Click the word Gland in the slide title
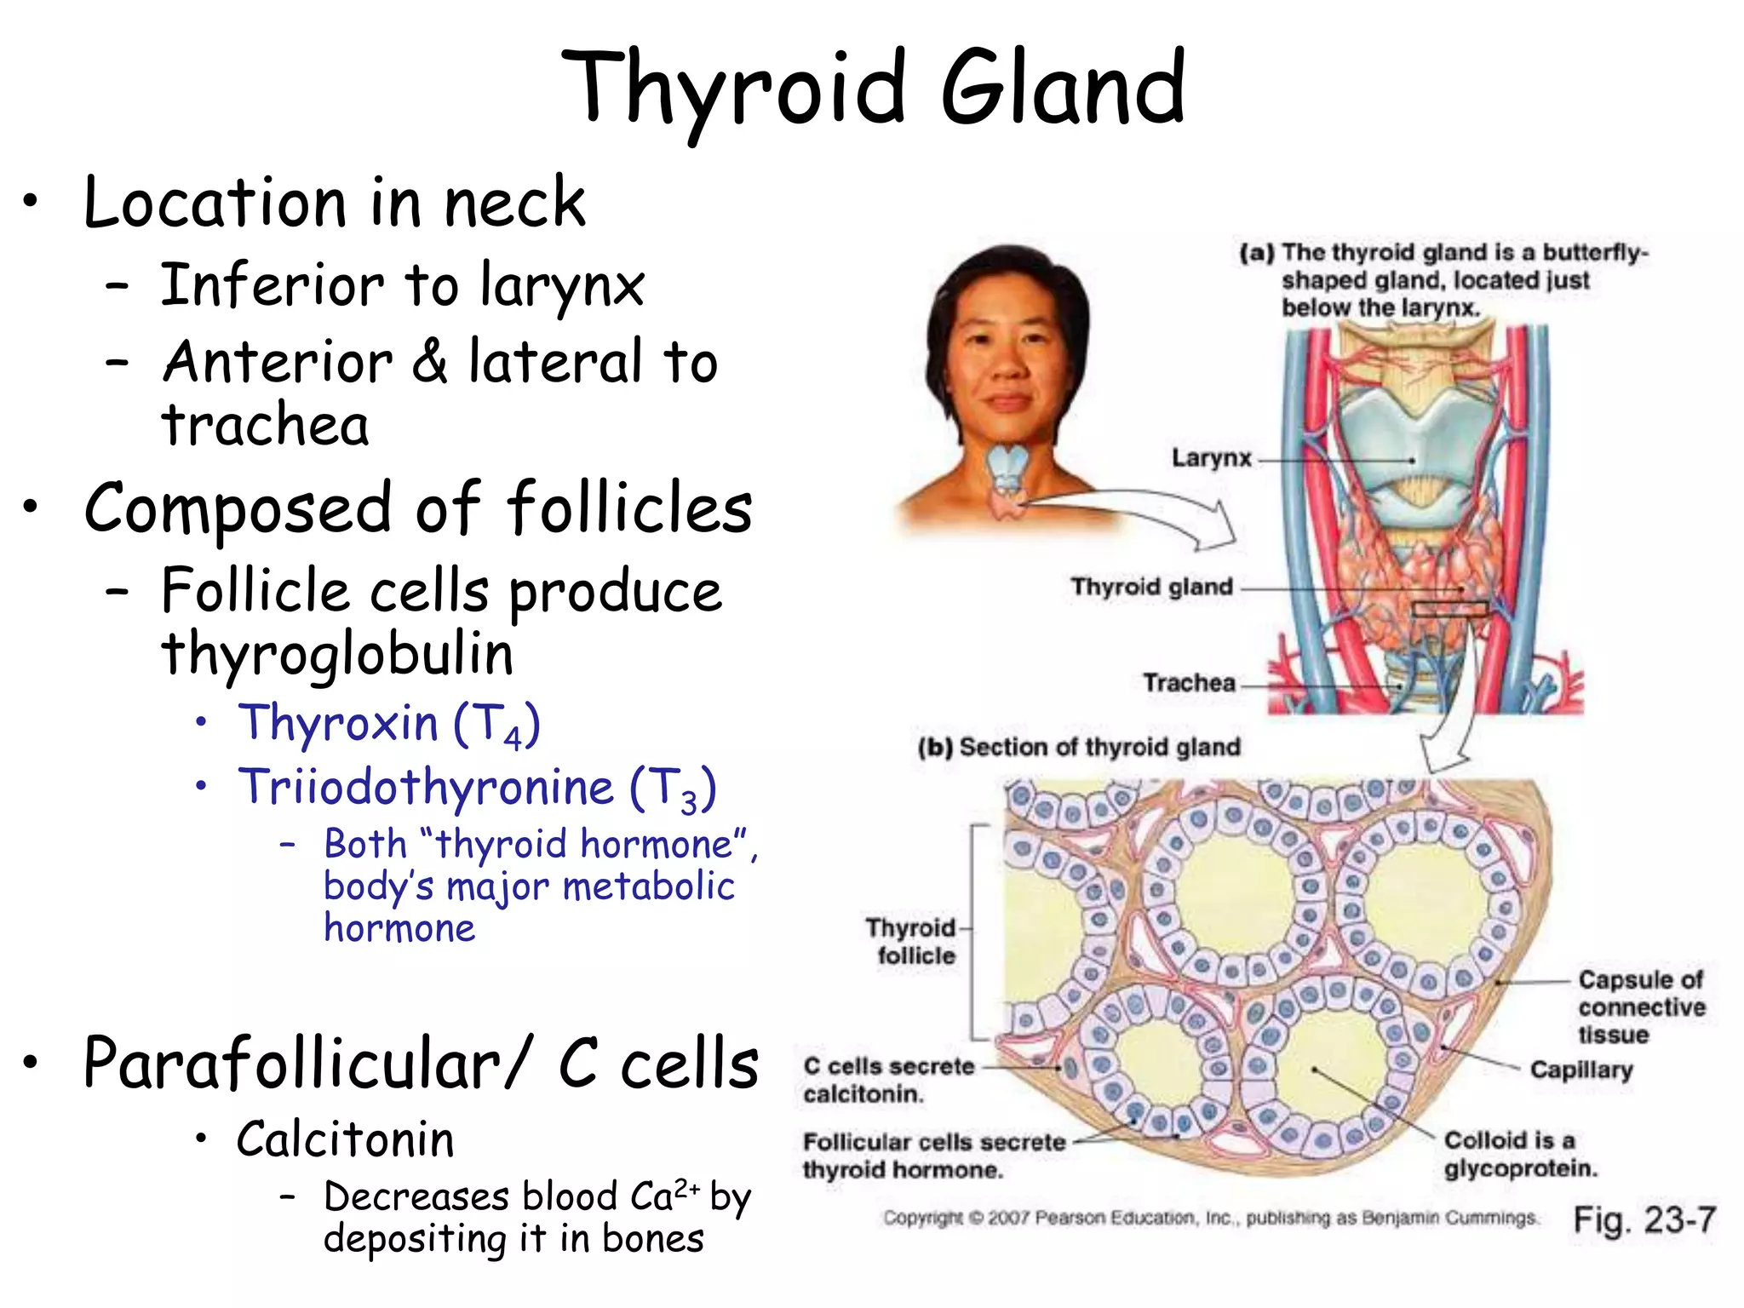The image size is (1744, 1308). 1063,88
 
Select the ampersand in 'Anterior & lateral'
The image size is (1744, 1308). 430,361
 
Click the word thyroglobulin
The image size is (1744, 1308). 337,655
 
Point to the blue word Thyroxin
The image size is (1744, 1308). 337,723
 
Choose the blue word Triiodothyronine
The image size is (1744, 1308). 426,787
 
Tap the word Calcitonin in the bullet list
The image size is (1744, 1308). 346,1139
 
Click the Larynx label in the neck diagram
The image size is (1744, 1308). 1211,458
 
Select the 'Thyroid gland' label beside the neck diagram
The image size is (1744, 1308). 1151,587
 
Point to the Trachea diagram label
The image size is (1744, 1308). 1189,683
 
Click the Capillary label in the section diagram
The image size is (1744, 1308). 1580,1070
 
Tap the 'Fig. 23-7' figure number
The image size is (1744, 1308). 1644,1219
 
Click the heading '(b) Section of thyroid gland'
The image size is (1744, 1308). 1079,748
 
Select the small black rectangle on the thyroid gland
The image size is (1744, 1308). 1449,609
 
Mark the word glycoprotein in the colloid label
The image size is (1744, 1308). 1520,1167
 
